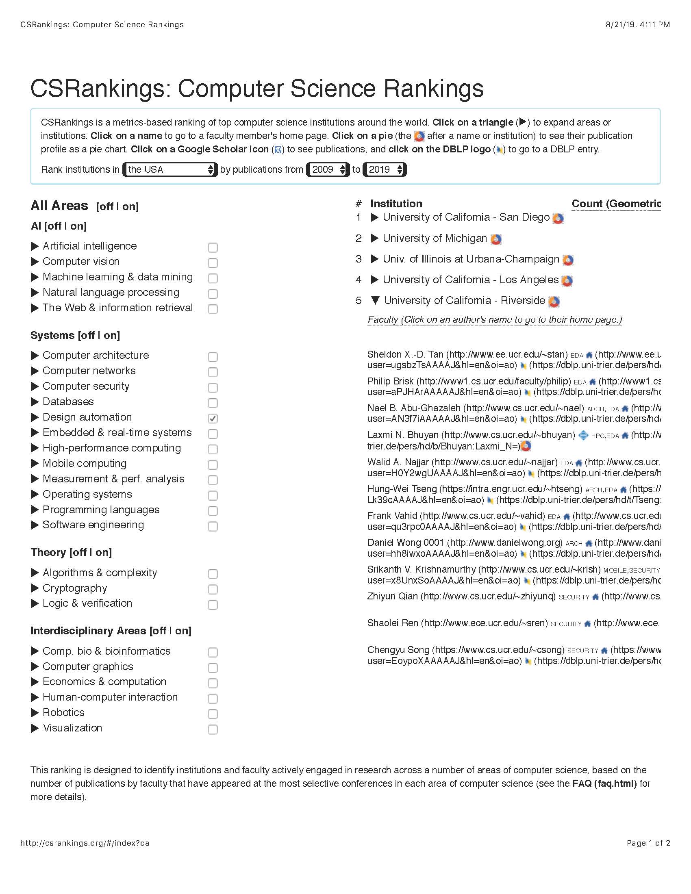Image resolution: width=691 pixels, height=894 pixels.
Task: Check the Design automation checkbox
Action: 213,418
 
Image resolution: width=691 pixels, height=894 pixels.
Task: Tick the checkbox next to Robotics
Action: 213,714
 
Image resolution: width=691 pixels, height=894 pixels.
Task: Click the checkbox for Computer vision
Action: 213,263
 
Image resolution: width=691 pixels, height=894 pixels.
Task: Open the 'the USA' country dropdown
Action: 170,169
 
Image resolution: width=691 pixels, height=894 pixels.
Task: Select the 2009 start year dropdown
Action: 328,169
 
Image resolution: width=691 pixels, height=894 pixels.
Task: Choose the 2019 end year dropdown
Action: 385,169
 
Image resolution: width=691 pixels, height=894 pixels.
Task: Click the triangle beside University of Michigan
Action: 374,238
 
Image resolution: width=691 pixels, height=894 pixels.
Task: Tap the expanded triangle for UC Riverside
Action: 375,300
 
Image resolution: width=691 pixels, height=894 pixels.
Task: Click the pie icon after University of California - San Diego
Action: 558,219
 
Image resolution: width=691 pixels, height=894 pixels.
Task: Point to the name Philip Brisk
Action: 390,381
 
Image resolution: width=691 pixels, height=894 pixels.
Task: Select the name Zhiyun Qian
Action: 392,597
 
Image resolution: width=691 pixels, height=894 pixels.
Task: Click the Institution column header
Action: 396,204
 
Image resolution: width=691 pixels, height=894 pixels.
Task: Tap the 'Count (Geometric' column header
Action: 616,204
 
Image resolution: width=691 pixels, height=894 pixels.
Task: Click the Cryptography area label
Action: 74,588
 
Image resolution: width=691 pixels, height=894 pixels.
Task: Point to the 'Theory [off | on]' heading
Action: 71,552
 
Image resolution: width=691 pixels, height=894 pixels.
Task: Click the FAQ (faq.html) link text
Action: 604,783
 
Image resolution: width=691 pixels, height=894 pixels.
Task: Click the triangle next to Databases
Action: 35,401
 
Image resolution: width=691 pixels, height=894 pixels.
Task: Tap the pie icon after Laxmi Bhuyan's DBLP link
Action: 526,446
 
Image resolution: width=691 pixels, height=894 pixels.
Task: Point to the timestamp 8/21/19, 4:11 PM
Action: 637,24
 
